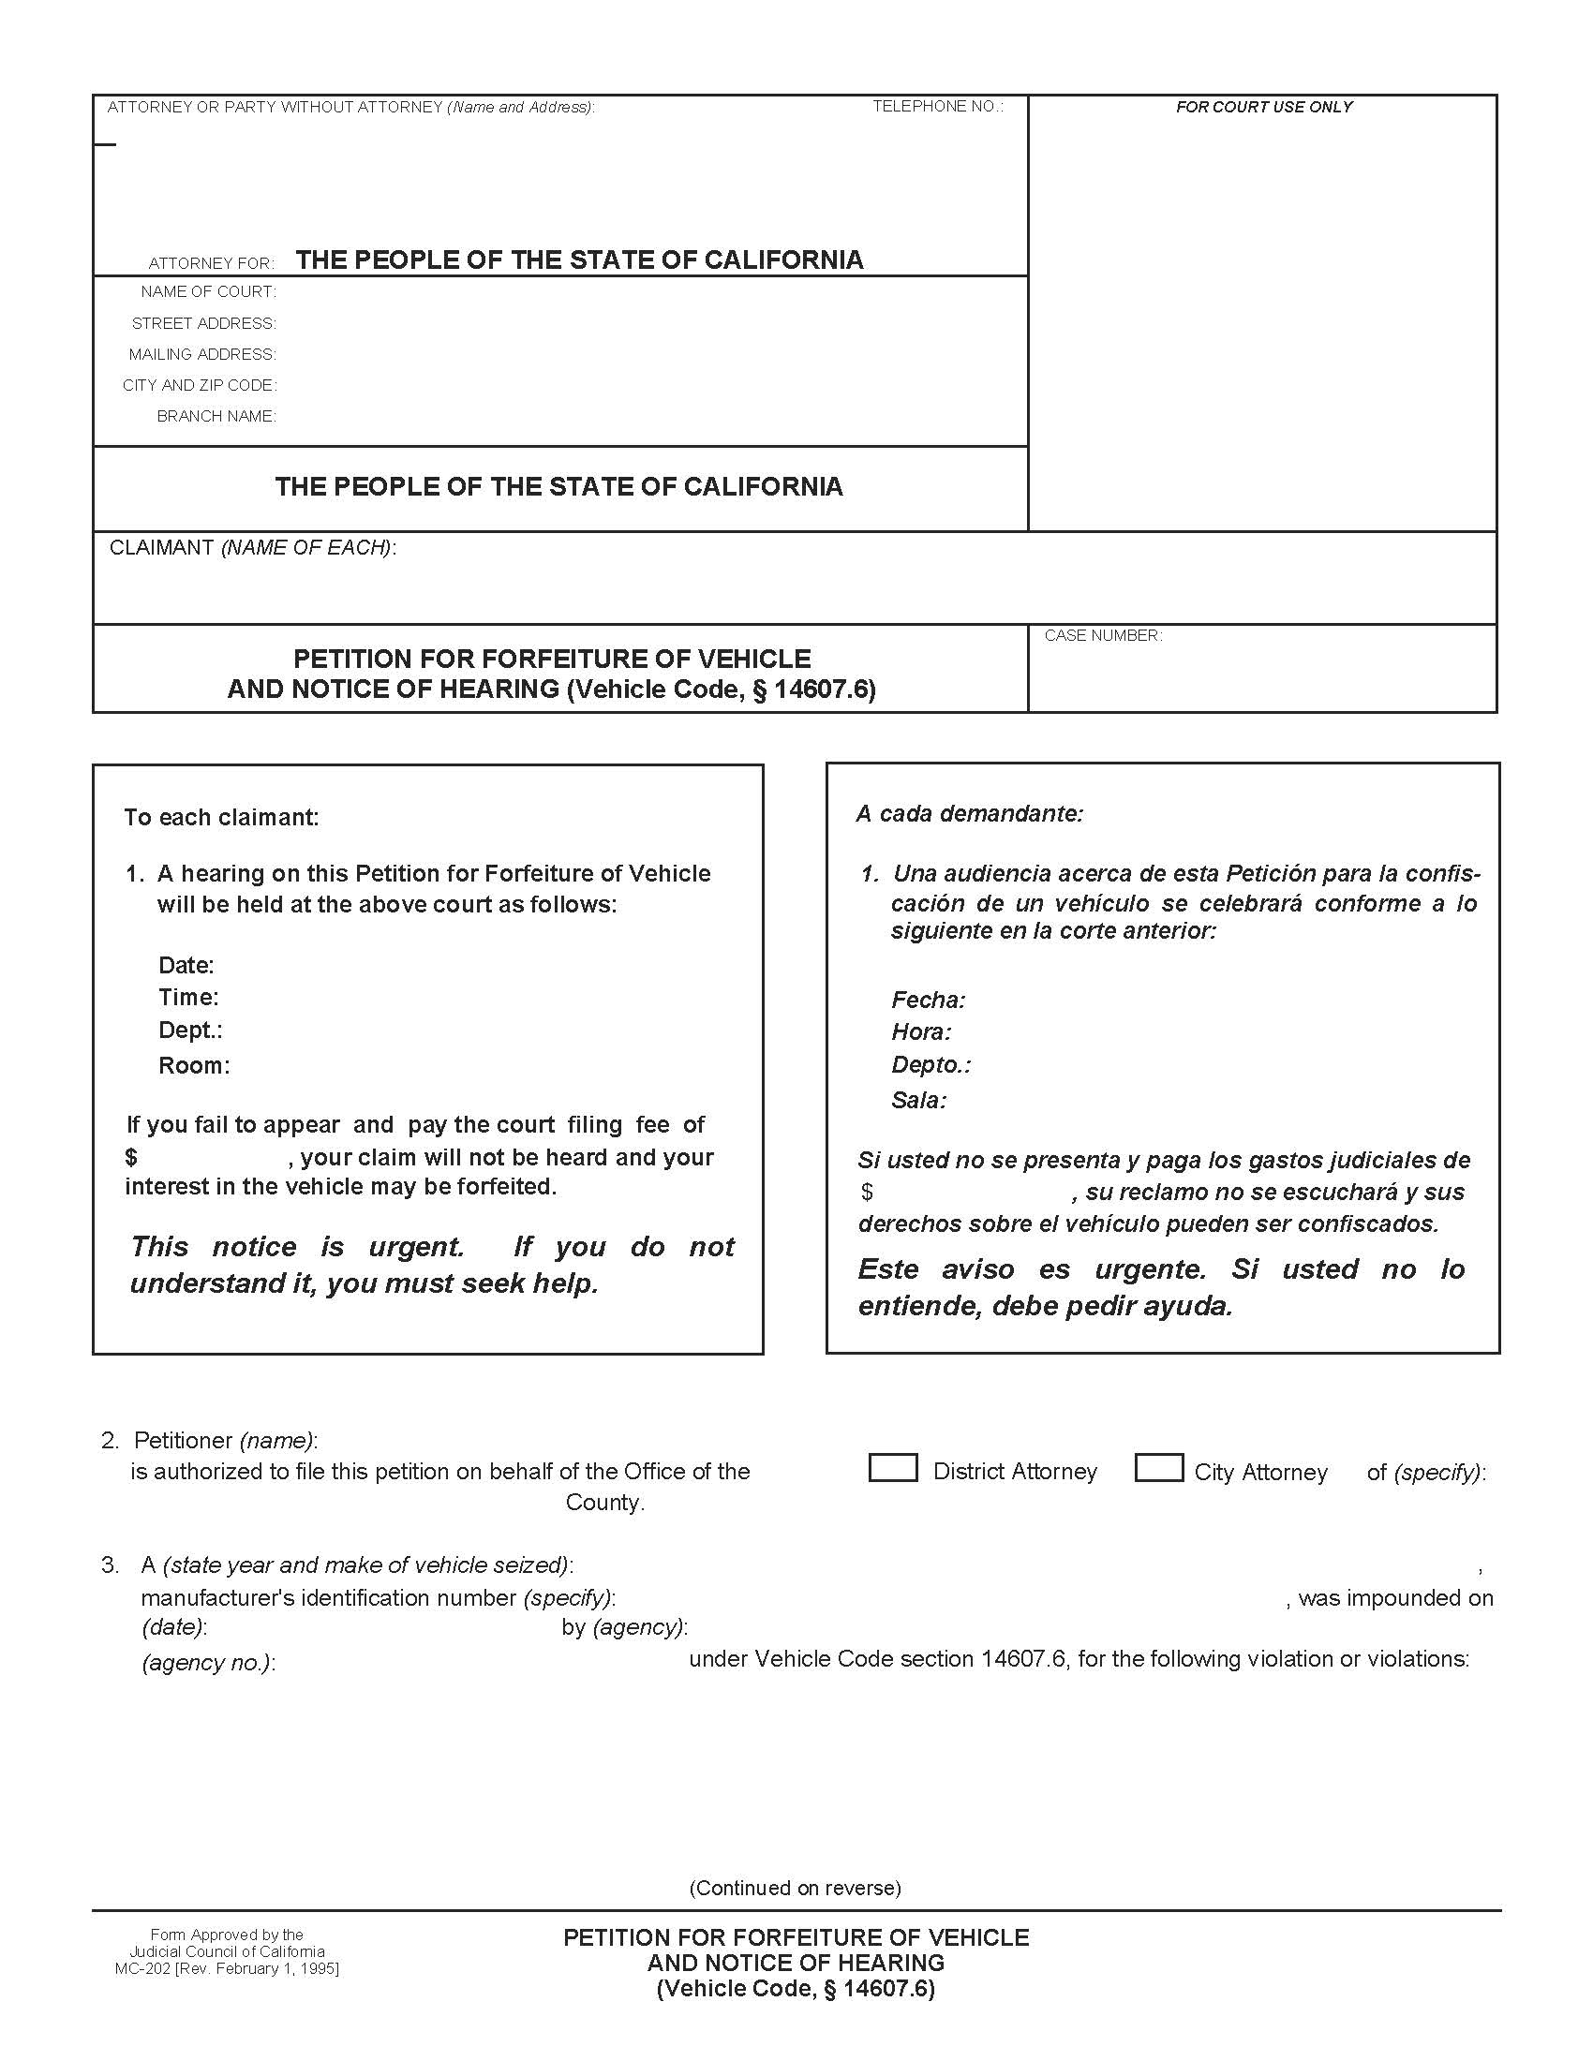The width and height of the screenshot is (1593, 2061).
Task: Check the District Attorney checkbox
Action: (x=892, y=1468)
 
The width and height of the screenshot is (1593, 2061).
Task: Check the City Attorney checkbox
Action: (x=1158, y=1468)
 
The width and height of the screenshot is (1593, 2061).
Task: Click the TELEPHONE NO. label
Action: (x=936, y=107)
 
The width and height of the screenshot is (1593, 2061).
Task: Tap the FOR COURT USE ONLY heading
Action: (x=1263, y=108)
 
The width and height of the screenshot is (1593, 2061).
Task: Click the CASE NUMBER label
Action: (x=1102, y=636)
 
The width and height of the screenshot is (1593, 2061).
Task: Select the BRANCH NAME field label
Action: (x=216, y=416)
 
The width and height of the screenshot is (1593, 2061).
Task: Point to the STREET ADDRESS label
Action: (x=204, y=324)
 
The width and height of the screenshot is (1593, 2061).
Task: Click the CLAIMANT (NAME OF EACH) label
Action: (x=252, y=548)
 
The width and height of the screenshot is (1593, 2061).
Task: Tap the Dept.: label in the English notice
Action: (x=189, y=1030)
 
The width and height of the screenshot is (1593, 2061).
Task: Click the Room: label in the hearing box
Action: (x=193, y=1066)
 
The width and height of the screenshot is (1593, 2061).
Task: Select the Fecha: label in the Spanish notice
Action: (x=928, y=1001)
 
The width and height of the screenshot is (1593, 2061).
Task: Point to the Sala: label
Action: (x=918, y=1101)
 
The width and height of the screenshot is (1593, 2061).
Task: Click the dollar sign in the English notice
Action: (x=131, y=1158)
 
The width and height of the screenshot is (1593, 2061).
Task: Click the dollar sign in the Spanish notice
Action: (x=867, y=1193)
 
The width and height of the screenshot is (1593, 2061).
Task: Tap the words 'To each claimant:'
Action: (x=221, y=817)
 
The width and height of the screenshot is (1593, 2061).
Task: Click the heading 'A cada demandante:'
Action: (x=969, y=813)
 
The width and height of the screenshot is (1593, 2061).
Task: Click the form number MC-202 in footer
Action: (x=144, y=1967)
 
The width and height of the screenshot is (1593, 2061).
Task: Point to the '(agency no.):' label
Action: (x=208, y=1663)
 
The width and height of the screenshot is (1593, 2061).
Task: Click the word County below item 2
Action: (x=604, y=1503)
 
